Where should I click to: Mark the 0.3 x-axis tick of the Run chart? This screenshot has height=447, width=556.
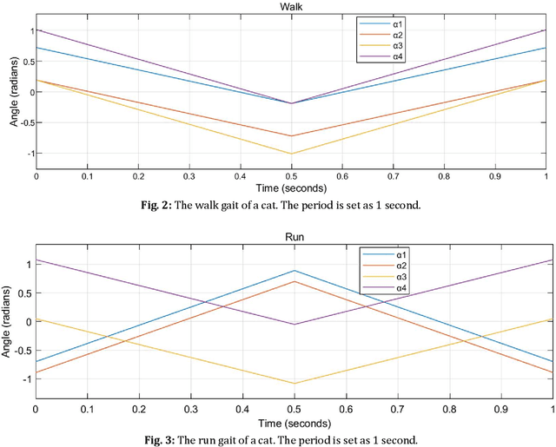[191, 407]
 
